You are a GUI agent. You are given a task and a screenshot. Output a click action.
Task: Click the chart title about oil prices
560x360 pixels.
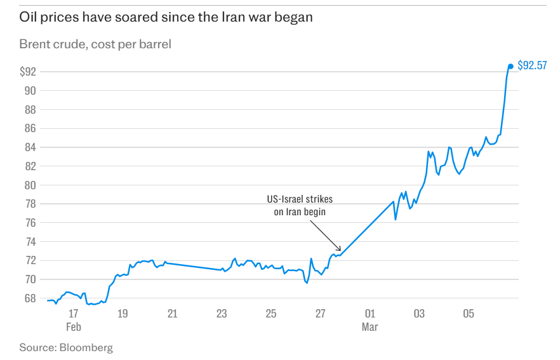(x=166, y=18)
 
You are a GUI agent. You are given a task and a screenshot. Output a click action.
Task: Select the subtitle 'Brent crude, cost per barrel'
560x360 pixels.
(x=95, y=44)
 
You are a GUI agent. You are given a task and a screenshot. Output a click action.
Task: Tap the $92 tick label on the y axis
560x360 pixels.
(x=28, y=72)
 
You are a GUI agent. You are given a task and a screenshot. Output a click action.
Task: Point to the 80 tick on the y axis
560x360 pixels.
(x=30, y=185)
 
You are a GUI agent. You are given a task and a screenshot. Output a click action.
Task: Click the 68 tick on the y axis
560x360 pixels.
(x=30, y=298)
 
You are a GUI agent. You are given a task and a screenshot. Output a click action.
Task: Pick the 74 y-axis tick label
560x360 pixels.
(x=30, y=242)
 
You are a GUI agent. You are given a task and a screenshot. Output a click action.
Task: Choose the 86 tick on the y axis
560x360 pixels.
(x=30, y=128)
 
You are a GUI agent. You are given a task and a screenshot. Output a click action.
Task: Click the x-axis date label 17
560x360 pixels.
(x=74, y=314)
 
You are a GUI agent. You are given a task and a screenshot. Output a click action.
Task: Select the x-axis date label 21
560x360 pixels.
(x=172, y=314)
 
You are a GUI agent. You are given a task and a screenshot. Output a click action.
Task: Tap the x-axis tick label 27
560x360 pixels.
(x=320, y=314)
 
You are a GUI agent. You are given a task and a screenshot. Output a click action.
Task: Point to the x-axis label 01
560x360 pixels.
(x=370, y=314)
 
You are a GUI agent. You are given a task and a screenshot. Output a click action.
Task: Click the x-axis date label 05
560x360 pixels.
(x=469, y=314)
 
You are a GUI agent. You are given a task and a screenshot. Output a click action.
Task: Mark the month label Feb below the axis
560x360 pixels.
(x=74, y=327)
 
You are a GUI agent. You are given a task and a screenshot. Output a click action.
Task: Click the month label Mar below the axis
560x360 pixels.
(x=370, y=327)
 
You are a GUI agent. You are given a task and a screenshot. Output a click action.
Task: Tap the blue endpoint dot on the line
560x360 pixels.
(x=510, y=66)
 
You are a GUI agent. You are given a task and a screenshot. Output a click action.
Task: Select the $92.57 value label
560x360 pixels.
(x=532, y=65)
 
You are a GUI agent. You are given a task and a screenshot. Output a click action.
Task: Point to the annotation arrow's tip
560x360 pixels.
(x=341, y=251)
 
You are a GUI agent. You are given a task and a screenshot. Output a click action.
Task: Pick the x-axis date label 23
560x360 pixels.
(x=222, y=314)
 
